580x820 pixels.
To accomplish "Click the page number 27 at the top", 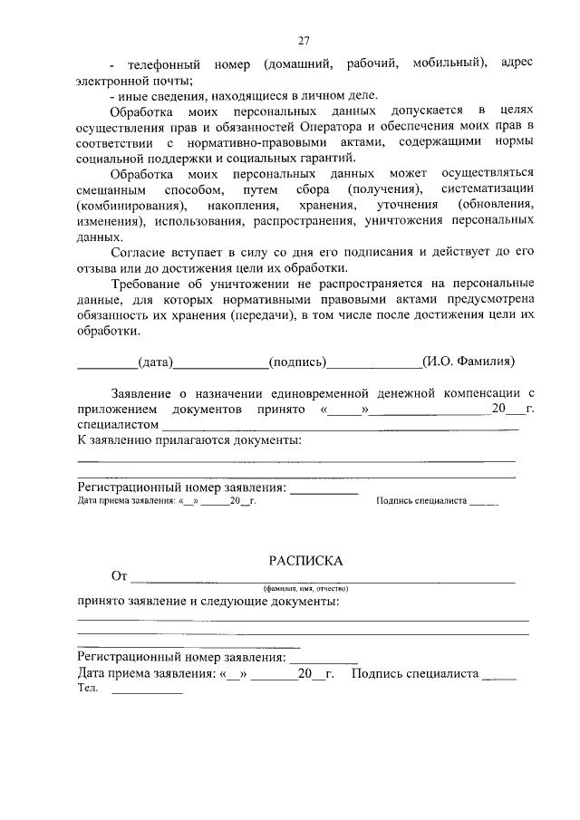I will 304,40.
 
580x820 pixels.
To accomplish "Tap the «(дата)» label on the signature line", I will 155,362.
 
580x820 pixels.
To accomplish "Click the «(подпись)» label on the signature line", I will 297,362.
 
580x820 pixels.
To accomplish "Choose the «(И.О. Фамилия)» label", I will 469,362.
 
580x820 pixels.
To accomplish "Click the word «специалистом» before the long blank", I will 118,423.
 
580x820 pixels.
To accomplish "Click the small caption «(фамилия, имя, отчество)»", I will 304,588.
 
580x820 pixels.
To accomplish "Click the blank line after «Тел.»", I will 147,691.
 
